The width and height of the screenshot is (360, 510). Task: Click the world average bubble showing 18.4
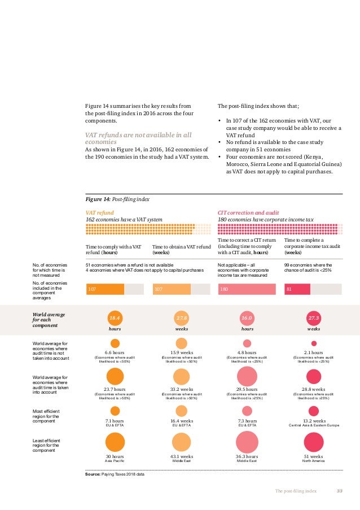point(115,319)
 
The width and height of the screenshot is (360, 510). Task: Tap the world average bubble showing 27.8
point(182,319)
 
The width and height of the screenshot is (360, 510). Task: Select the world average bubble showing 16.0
point(247,319)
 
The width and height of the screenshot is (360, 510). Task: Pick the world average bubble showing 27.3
point(314,319)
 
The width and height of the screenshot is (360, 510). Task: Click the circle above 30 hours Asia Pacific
point(115,442)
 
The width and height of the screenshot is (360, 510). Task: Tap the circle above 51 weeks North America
point(314,442)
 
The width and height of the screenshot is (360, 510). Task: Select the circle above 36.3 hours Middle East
point(247,442)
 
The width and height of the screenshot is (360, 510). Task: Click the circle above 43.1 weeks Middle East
point(182,442)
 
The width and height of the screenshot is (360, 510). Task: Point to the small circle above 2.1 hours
point(314,343)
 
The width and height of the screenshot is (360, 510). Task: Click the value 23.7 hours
point(115,389)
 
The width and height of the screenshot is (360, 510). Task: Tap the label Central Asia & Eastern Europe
point(314,425)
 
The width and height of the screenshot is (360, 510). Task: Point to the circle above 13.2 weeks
point(314,411)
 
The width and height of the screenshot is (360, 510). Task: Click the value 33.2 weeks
point(182,389)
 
